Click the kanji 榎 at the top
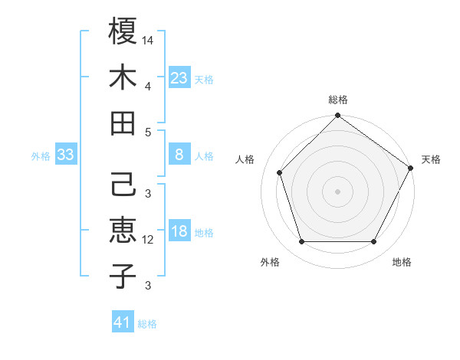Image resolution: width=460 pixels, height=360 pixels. (x=123, y=31)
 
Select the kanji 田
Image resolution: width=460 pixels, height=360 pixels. (x=123, y=123)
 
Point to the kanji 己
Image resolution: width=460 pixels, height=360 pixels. (x=123, y=186)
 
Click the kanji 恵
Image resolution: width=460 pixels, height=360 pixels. (x=123, y=231)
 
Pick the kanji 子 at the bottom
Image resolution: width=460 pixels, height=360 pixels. (x=123, y=277)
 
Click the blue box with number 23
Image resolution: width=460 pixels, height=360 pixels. (x=179, y=77)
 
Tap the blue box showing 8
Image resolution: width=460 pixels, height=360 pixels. (x=179, y=155)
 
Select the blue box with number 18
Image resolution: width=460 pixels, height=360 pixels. (x=179, y=232)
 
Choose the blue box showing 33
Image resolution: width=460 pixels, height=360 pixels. (x=66, y=155)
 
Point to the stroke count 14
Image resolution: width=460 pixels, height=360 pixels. (x=148, y=38)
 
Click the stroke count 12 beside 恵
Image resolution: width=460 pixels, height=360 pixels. (x=148, y=240)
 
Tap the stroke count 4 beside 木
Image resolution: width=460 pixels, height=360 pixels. (x=147, y=86)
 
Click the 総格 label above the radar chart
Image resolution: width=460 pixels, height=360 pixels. (x=338, y=100)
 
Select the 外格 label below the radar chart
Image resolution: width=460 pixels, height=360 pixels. (x=270, y=262)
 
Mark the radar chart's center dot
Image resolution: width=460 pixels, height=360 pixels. (x=338, y=191)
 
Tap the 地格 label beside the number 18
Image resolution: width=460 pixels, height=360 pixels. (x=204, y=233)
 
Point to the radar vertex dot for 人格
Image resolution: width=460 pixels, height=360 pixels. (x=280, y=172)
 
